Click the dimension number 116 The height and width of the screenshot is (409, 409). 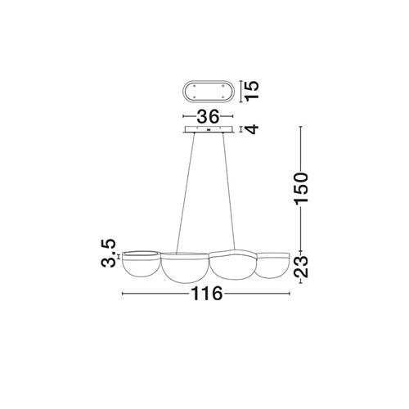(207, 294)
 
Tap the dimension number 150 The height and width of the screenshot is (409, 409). (301, 187)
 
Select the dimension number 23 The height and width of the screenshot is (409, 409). (301, 267)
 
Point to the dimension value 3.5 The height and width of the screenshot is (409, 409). (109, 253)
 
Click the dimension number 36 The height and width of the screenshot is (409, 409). (208, 116)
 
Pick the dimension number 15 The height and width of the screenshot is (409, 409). (251, 91)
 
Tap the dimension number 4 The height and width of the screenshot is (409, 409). (251, 129)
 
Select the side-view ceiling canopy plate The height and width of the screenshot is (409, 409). (209, 129)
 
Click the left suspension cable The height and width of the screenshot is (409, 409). (186, 193)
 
